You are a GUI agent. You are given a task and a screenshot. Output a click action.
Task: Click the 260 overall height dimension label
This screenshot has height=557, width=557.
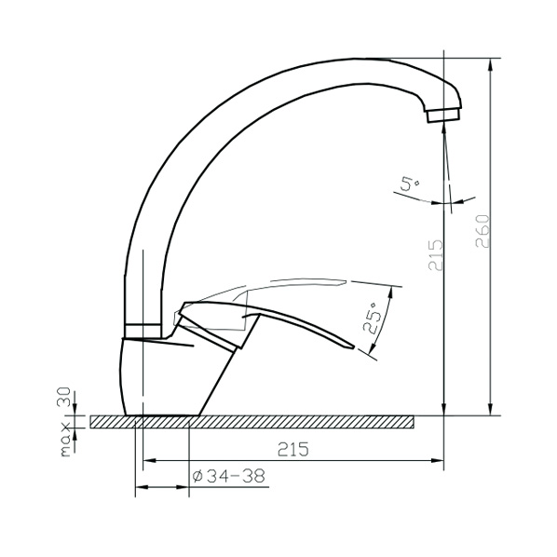click(482, 231)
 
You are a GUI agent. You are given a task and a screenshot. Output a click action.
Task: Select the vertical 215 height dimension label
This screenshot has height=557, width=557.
click(436, 255)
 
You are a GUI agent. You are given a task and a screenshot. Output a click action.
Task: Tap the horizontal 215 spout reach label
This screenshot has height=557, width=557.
click(293, 449)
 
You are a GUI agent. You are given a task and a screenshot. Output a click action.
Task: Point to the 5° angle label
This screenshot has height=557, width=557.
click(410, 184)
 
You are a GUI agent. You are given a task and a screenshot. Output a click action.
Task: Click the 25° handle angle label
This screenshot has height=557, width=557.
click(371, 318)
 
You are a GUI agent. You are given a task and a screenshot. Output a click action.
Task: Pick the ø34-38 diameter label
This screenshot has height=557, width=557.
click(229, 476)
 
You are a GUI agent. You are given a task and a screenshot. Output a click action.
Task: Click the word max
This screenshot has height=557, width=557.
click(66, 440)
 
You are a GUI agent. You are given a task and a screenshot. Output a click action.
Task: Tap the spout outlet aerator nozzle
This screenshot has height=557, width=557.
click(442, 115)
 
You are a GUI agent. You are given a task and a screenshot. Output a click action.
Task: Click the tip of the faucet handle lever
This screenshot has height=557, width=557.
click(354, 347)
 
